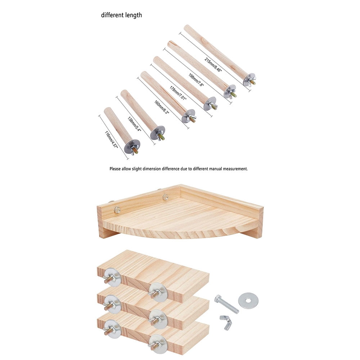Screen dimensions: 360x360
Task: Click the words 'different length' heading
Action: (x=121, y=15)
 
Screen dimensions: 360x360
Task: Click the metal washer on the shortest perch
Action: (x=132, y=147)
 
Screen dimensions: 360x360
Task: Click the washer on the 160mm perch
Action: (x=188, y=116)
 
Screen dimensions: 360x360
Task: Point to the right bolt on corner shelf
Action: (x=165, y=197)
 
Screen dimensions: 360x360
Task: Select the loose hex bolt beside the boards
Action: (x=226, y=304)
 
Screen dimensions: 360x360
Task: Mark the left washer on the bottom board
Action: (x=112, y=329)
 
